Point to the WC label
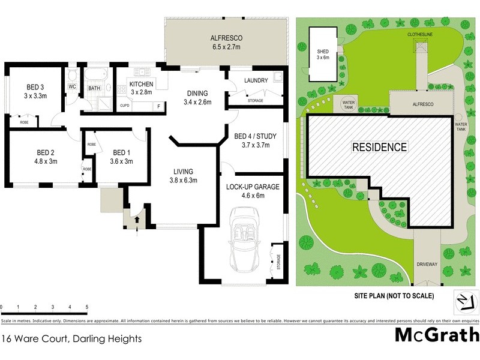point(72,87)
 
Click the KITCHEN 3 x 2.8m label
point(141,88)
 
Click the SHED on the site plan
point(323,54)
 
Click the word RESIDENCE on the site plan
point(379,147)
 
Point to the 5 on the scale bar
point(87,307)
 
